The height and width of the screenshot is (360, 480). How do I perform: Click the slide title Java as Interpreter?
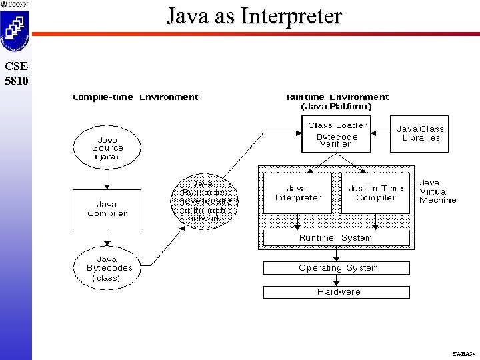(x=254, y=15)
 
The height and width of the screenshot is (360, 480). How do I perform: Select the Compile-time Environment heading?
(x=135, y=97)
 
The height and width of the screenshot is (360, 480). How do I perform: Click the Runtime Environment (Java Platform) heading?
(x=337, y=101)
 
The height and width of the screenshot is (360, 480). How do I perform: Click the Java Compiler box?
(x=107, y=209)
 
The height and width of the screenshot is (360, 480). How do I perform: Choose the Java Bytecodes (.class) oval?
(x=107, y=267)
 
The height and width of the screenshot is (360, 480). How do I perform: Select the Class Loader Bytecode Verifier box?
(x=337, y=134)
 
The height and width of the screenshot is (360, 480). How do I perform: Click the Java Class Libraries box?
(x=420, y=133)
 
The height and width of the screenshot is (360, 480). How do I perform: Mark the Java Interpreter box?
(x=297, y=193)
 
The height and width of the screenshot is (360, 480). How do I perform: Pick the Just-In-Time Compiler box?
(x=375, y=193)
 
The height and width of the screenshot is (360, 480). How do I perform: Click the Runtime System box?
(x=335, y=238)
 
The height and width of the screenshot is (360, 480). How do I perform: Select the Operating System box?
(x=337, y=268)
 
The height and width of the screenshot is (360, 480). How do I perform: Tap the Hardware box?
(x=337, y=292)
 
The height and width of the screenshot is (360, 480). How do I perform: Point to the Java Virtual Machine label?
(x=437, y=191)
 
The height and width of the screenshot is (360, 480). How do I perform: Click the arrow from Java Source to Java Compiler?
(x=107, y=179)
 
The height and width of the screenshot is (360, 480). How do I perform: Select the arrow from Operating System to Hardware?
(x=337, y=280)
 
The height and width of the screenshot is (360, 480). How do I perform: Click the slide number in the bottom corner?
(x=463, y=353)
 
